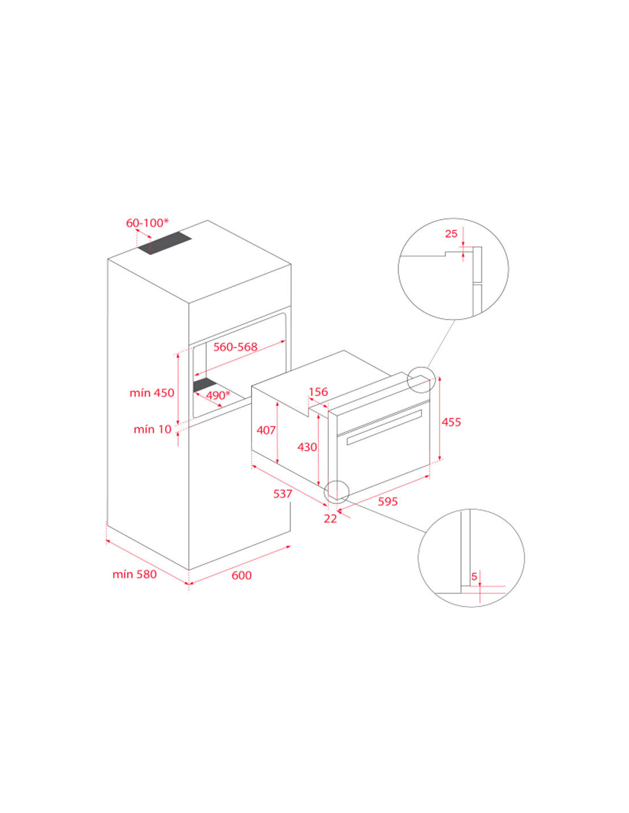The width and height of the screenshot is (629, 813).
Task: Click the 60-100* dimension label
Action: [x=147, y=222]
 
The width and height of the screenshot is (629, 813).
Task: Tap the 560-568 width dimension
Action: [x=236, y=347]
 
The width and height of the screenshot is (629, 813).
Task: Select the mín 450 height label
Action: [x=152, y=393]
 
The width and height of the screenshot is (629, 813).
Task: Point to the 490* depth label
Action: [x=218, y=395]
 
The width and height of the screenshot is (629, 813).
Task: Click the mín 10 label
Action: [x=152, y=429]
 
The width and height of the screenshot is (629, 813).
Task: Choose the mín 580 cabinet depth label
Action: [x=135, y=574]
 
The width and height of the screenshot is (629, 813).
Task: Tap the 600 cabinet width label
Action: [x=242, y=575]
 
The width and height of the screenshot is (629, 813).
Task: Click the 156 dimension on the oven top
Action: [x=318, y=392]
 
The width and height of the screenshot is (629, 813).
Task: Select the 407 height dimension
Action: [x=266, y=431]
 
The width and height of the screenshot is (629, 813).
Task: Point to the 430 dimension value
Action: [x=307, y=447]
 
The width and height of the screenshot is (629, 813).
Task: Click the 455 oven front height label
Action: [x=451, y=422]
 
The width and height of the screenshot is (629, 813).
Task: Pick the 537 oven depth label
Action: [x=282, y=494]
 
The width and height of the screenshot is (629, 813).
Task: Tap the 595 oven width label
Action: [x=388, y=501]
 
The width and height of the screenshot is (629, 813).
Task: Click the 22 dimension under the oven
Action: [x=331, y=519]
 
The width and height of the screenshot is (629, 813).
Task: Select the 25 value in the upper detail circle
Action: [x=451, y=234]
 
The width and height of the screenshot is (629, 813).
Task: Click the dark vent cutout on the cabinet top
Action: [x=164, y=244]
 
